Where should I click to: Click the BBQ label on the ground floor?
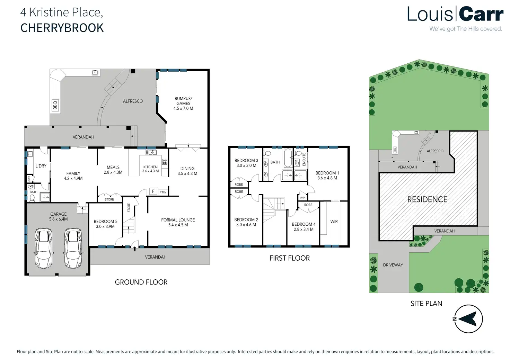55,105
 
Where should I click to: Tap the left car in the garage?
44,248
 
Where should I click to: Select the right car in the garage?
73,248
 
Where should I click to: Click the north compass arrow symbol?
468,319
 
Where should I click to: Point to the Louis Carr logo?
455,15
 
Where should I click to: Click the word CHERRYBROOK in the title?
62,28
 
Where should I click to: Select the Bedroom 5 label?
105,222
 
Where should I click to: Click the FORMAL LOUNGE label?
178,220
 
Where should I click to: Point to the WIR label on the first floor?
334,222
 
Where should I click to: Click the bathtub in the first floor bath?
288,158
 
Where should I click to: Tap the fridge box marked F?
153,191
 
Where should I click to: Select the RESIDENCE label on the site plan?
427,199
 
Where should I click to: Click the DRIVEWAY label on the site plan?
393,265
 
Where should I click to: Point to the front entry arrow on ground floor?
134,248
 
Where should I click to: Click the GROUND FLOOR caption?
141,282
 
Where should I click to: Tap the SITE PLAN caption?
426,304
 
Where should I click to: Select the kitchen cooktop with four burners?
165,162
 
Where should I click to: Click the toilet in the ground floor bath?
32,198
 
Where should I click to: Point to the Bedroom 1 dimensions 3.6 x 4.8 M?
327,178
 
